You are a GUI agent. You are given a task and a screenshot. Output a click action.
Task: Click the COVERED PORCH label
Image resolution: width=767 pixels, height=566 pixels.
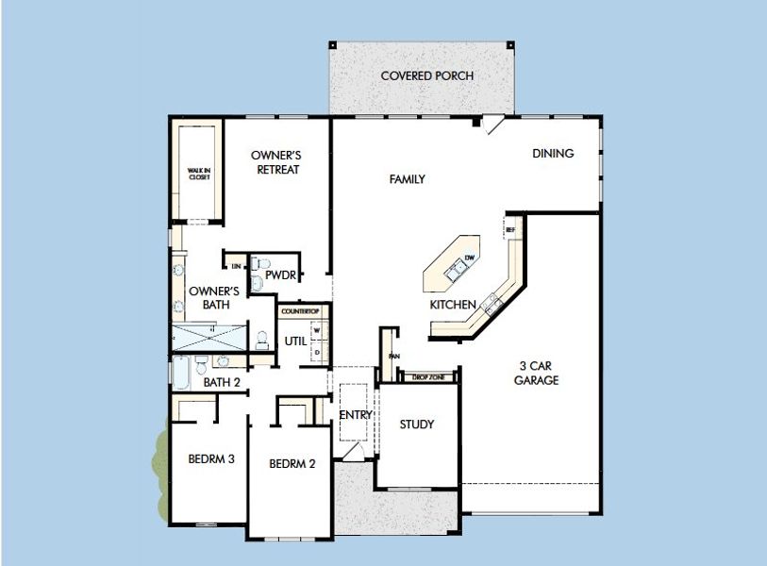click(426, 75)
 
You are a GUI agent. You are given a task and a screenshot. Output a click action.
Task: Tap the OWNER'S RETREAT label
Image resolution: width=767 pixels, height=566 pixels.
click(275, 162)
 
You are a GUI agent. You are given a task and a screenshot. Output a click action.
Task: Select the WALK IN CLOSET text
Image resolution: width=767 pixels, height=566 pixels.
click(199, 174)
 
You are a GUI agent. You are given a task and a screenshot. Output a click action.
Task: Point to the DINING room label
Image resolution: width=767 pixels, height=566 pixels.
click(553, 154)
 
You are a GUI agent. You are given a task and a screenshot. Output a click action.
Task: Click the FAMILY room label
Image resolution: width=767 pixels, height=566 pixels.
click(408, 179)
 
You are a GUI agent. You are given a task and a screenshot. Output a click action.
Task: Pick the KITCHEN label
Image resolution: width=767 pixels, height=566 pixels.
click(453, 306)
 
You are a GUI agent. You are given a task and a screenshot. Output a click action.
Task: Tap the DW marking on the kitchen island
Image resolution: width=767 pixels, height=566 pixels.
click(469, 258)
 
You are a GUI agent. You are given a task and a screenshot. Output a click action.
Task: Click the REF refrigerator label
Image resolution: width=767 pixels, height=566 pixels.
click(510, 229)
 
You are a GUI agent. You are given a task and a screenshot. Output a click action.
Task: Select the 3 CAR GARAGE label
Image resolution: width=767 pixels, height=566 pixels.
click(537, 374)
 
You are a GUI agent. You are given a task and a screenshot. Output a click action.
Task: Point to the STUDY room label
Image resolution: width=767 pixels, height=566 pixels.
click(416, 424)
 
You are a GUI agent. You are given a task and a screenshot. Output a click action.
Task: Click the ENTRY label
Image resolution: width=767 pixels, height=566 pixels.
click(356, 415)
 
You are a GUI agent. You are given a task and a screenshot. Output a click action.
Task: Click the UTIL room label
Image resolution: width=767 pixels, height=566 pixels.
click(294, 341)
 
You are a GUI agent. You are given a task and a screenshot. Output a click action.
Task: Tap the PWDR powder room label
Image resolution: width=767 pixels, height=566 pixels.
click(280, 276)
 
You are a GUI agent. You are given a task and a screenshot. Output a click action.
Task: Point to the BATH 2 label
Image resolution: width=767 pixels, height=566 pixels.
click(223, 382)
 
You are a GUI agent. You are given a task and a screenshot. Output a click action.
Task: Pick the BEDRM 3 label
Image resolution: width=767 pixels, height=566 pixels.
click(210, 459)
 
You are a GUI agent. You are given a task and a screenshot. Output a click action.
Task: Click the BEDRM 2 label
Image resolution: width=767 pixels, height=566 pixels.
click(292, 463)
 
